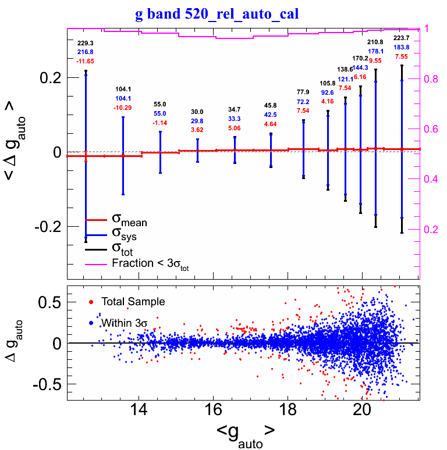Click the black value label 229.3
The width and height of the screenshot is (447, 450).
(86, 43)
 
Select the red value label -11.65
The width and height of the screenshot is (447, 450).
(86, 61)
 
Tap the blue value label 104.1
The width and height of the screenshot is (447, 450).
(123, 99)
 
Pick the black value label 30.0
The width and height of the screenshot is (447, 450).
(197, 112)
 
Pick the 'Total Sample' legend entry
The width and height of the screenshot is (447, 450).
(133, 302)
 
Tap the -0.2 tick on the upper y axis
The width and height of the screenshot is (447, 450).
(49, 227)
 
